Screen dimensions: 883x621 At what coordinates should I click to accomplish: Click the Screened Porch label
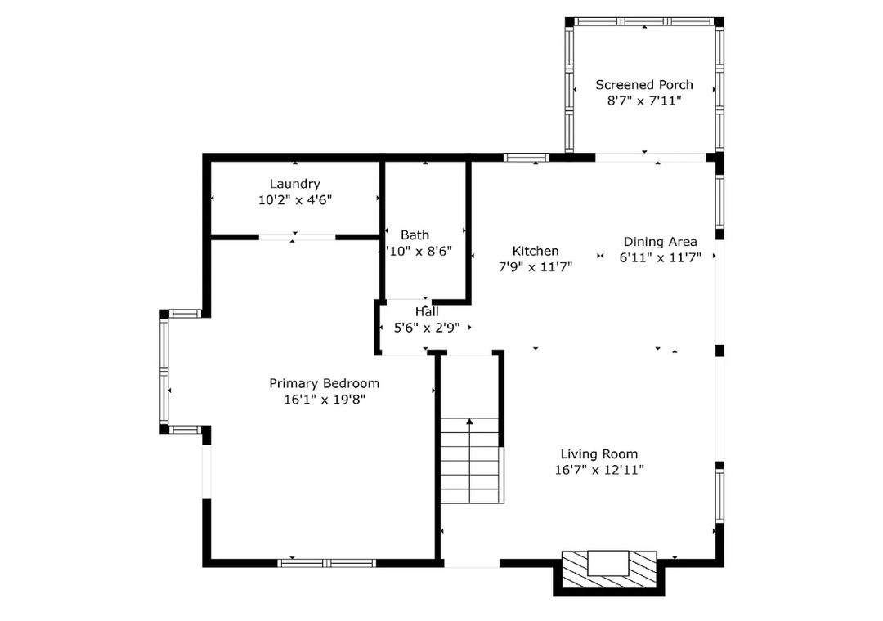click(x=644, y=85)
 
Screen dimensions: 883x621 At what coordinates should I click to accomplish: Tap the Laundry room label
click(x=294, y=184)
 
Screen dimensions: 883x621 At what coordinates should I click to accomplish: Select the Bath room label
click(x=415, y=235)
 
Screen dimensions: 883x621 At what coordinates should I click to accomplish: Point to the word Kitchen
click(x=536, y=251)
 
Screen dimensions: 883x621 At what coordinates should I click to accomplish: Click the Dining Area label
click(x=660, y=242)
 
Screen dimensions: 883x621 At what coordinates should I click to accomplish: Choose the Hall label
click(x=427, y=312)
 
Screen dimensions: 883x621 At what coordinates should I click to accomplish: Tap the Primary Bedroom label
click(x=325, y=383)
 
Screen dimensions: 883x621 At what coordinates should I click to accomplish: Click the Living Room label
click(x=599, y=454)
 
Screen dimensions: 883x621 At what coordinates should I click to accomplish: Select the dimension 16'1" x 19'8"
click(x=325, y=400)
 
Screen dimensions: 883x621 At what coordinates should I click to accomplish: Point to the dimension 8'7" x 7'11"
click(x=644, y=101)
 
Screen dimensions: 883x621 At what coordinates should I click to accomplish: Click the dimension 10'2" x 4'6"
click(x=295, y=200)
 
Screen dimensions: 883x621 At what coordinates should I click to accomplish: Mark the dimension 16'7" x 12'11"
click(x=599, y=470)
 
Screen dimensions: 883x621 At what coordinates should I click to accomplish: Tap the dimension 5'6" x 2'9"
click(x=427, y=328)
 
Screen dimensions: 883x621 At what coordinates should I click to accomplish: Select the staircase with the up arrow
click(x=470, y=461)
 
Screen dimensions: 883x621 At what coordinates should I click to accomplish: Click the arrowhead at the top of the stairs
click(x=469, y=421)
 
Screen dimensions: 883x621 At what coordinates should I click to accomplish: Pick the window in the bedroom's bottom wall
click(x=326, y=563)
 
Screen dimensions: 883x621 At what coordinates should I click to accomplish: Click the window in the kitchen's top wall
click(x=526, y=158)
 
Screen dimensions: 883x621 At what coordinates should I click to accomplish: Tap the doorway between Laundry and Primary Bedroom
click(x=297, y=238)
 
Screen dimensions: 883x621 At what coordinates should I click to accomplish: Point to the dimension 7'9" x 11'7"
click(x=536, y=267)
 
